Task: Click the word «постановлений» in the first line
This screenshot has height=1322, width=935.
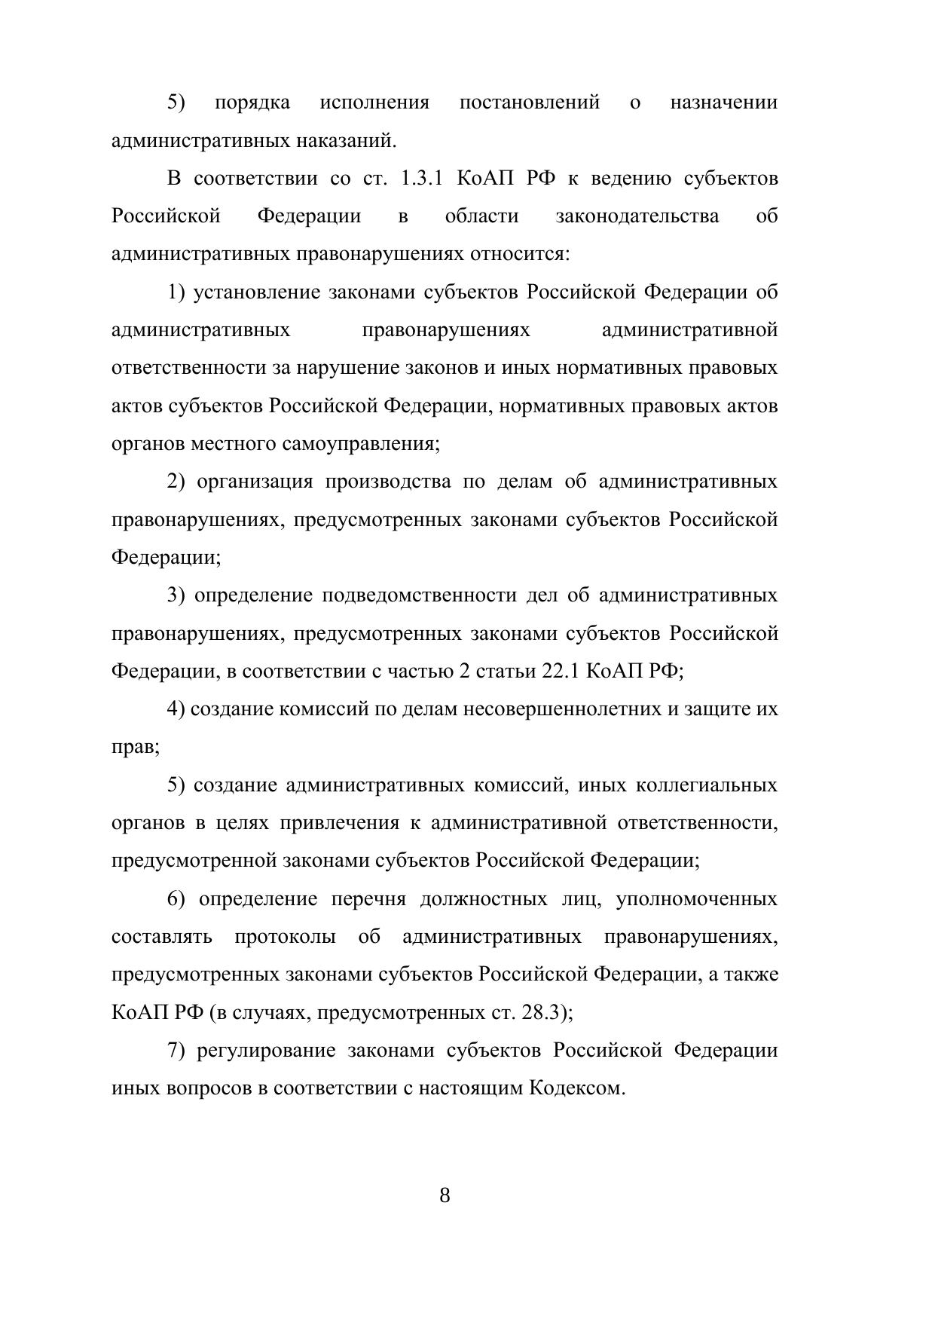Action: click(x=530, y=103)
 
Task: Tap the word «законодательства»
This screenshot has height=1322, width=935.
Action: click(x=637, y=216)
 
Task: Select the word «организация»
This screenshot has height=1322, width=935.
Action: click(x=255, y=482)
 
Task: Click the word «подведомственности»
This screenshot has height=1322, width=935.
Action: click(x=419, y=595)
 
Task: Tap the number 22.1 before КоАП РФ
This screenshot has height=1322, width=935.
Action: click(x=561, y=671)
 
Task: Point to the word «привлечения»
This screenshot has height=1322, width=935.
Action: click(x=340, y=823)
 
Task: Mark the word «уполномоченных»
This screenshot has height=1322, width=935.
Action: click(x=697, y=899)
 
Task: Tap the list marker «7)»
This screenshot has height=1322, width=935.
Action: click(x=176, y=1051)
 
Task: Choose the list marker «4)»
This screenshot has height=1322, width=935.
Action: click(x=176, y=709)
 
